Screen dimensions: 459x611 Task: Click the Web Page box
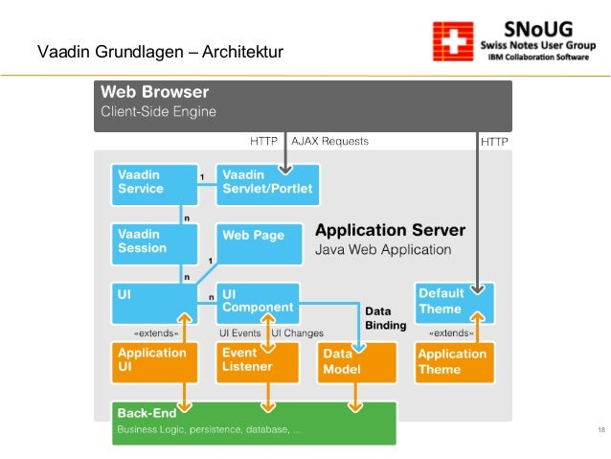pyautogui.click(x=258, y=237)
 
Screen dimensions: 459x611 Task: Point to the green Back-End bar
pyautogui.click(x=253, y=422)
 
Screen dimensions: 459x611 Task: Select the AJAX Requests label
pyautogui.click(x=329, y=142)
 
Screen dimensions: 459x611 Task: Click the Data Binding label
pyautogui.click(x=385, y=318)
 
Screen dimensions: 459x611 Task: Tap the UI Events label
pyautogui.click(x=240, y=333)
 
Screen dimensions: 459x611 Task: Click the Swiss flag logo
pyautogui.click(x=451, y=43)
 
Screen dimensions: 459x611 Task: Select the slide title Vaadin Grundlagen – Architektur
pyautogui.click(x=160, y=51)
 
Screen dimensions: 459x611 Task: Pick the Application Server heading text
pyautogui.click(x=390, y=231)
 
